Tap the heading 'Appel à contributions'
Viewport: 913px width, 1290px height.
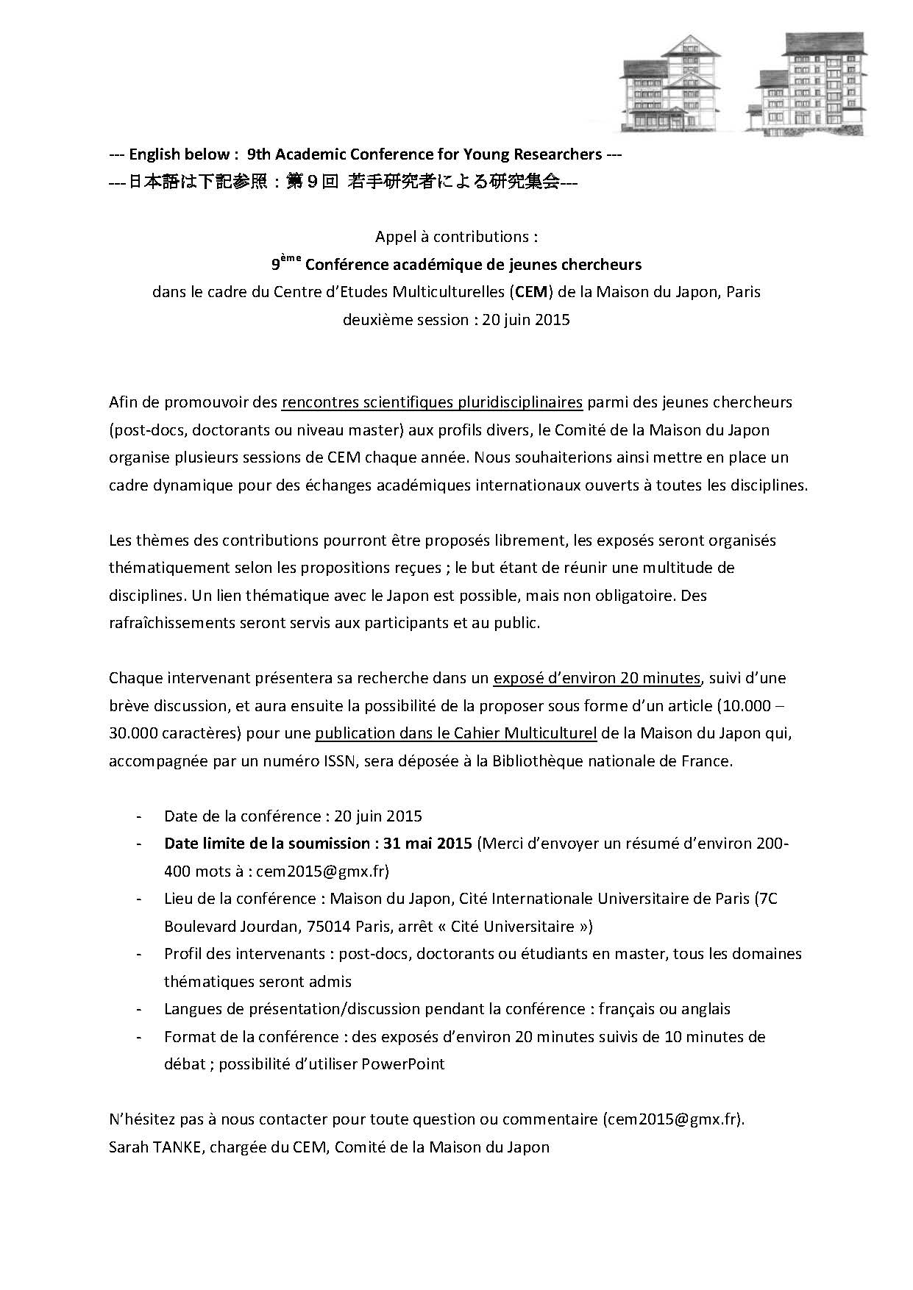point(456,237)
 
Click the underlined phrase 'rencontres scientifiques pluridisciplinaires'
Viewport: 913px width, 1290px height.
point(432,402)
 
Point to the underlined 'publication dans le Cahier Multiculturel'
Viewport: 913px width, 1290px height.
point(456,733)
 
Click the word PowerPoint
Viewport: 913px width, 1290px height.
point(403,1063)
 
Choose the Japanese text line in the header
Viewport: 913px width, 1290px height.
point(343,183)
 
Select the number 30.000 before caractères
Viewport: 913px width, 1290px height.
point(134,733)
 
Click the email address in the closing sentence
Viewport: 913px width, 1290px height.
point(672,1119)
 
